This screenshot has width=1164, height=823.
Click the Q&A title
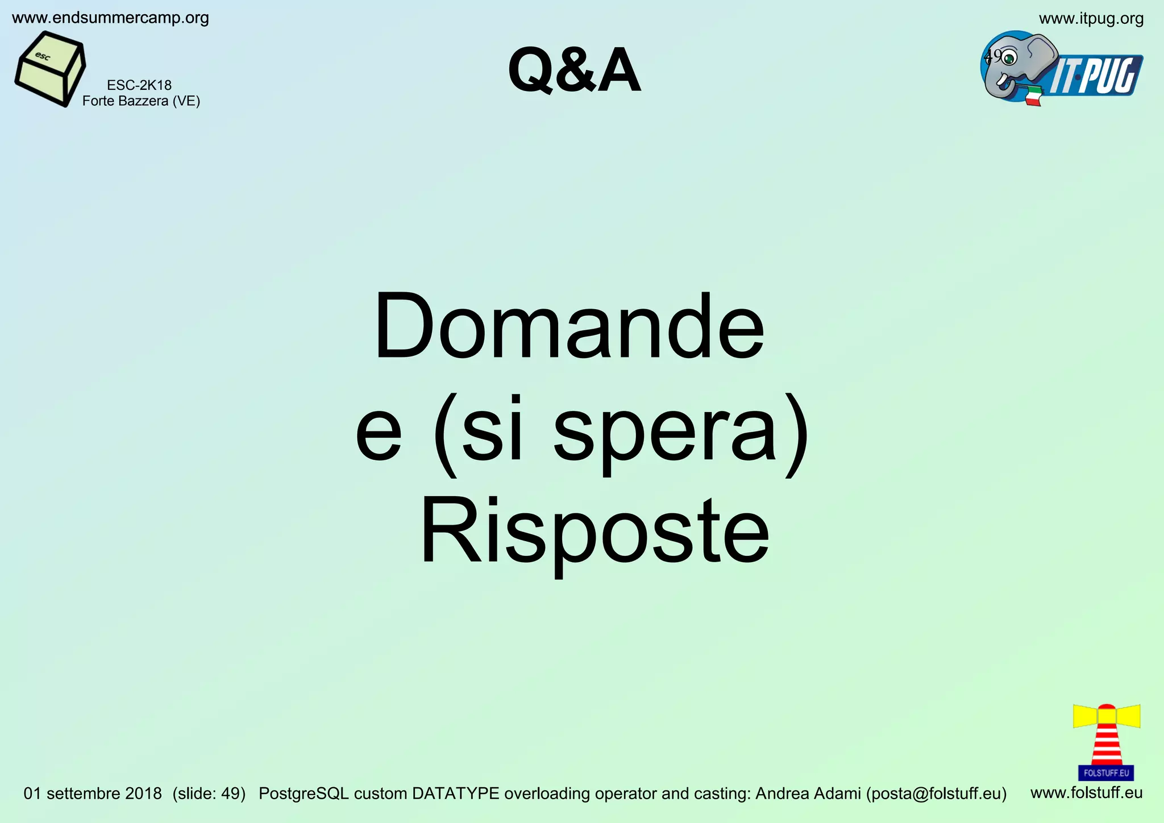click(x=574, y=71)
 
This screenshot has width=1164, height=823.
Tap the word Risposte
click(x=594, y=531)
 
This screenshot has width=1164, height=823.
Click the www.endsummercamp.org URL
click(x=110, y=18)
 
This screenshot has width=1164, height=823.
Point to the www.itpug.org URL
click(x=1091, y=19)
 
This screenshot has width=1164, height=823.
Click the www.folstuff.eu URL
click(x=1086, y=792)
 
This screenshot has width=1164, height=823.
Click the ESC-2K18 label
click(x=139, y=85)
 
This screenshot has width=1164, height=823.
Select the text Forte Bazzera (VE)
click(x=141, y=101)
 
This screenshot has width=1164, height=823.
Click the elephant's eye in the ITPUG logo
click(x=1009, y=58)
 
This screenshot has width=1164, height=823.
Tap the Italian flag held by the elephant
click(x=1034, y=96)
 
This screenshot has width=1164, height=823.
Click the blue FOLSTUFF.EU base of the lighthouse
click(x=1106, y=773)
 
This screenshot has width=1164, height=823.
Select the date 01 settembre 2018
click(x=93, y=793)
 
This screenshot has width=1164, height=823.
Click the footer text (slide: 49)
click(x=209, y=793)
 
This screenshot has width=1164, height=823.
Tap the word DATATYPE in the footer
click(x=455, y=793)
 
